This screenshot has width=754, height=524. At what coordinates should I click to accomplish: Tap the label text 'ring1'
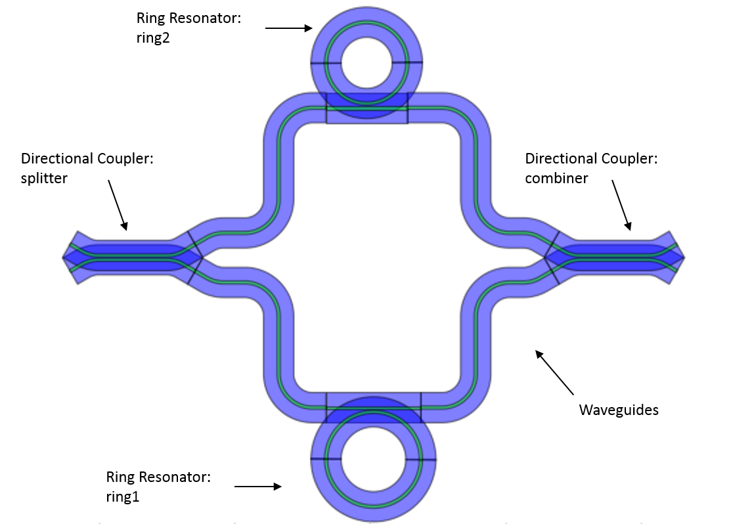coord(123,496)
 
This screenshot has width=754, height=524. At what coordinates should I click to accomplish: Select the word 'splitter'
coord(44,178)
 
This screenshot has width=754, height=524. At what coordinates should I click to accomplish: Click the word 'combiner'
coord(556,178)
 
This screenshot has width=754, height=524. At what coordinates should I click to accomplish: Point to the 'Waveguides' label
coord(618,410)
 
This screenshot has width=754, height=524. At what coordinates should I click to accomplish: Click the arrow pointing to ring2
coord(289,28)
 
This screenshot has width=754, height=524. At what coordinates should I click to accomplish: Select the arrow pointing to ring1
coord(257,487)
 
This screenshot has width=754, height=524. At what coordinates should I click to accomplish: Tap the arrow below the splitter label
coord(117,205)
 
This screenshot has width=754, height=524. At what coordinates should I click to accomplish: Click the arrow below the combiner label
coord(621,205)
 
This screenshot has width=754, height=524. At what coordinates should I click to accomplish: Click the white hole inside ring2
coord(366,63)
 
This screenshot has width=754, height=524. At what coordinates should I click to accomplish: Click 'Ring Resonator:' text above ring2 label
coord(188,18)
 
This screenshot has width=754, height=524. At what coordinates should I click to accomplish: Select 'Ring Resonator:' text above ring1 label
coord(158,477)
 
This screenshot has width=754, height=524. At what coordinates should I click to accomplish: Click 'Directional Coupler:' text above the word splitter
coord(87,158)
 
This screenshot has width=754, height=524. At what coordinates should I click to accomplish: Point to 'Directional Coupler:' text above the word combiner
coord(591,158)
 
